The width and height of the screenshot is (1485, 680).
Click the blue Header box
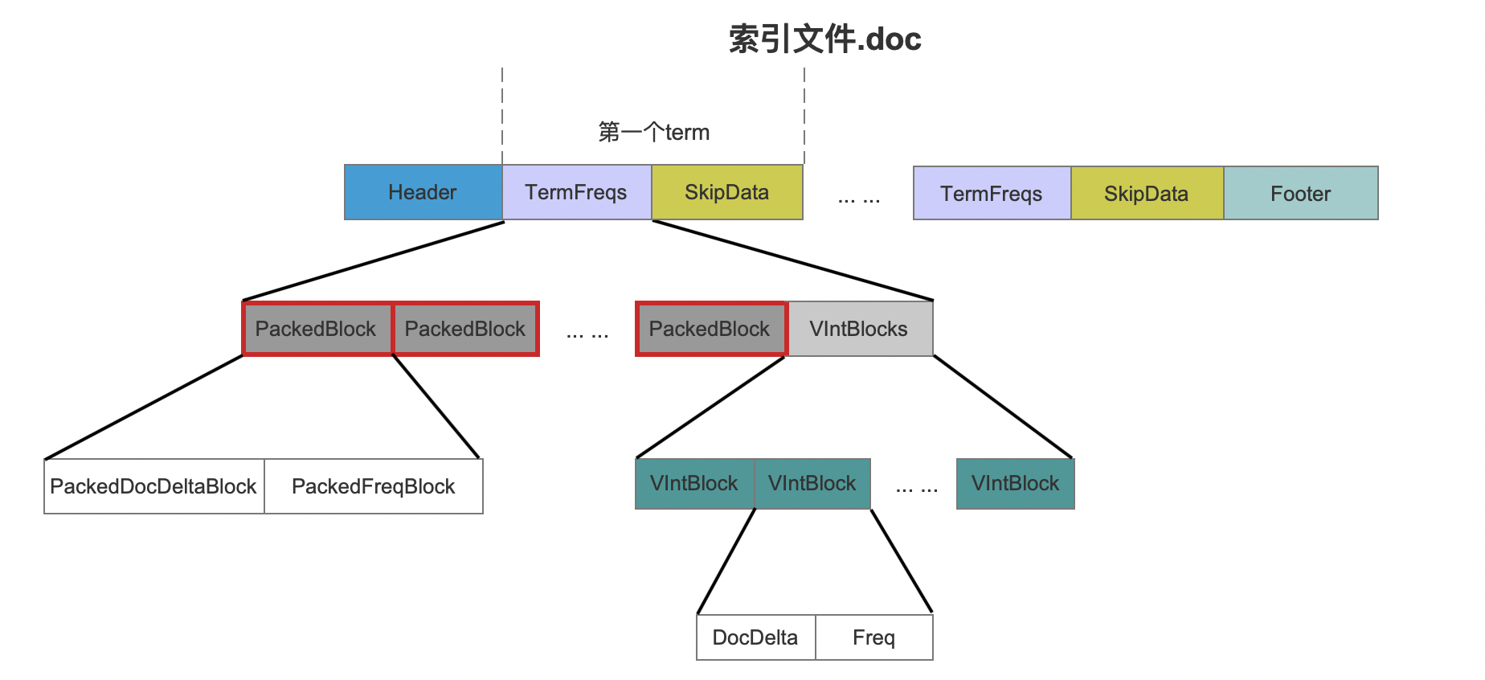[x=423, y=192]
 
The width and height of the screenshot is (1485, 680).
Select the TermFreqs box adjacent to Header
[x=576, y=192]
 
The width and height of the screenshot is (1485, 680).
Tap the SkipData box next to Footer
[x=1147, y=193]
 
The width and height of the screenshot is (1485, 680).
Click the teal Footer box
[x=1300, y=193]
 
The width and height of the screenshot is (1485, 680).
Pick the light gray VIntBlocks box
[x=859, y=329]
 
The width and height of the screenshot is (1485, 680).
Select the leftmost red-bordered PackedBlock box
[x=317, y=329]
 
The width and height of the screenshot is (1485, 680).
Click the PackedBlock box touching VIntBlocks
[x=710, y=329]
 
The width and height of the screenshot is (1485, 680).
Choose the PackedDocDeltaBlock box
[x=153, y=486]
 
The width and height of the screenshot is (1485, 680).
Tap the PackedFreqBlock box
[x=374, y=486]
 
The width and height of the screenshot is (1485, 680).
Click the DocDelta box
[x=755, y=637]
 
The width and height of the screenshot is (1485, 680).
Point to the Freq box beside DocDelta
[x=874, y=637]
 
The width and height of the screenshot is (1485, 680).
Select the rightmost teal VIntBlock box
[x=1015, y=483]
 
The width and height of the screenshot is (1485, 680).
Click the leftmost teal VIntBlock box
[x=694, y=483]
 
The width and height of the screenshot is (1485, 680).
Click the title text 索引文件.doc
[x=825, y=39]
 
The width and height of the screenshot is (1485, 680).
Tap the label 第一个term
[x=654, y=132]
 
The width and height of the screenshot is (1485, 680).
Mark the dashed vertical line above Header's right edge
[x=502, y=117]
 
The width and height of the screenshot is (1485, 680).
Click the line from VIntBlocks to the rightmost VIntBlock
[x=1003, y=407]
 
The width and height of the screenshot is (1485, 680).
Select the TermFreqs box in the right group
[x=992, y=193]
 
